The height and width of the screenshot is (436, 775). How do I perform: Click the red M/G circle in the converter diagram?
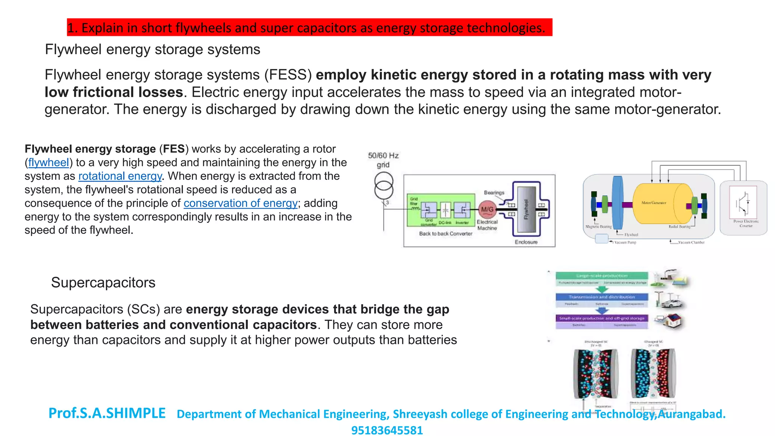(487, 209)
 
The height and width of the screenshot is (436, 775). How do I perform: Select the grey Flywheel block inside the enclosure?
(526, 209)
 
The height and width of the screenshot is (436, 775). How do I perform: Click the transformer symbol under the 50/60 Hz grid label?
(384, 186)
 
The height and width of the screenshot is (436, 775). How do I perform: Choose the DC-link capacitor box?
(445, 209)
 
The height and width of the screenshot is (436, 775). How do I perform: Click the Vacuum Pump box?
(601, 239)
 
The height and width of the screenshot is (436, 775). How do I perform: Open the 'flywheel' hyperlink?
(48, 163)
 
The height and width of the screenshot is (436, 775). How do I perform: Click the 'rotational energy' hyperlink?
(120, 176)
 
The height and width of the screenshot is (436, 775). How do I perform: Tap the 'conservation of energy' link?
(241, 203)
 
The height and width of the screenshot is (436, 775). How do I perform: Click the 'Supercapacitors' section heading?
(103, 283)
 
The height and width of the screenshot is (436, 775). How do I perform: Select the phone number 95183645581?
(387, 430)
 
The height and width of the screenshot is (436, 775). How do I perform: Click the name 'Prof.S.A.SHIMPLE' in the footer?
(107, 413)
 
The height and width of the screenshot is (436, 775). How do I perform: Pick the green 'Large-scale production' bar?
(602, 276)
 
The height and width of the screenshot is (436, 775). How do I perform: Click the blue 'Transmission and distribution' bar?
(602, 297)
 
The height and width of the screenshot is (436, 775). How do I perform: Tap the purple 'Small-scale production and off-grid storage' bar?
(602, 318)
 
